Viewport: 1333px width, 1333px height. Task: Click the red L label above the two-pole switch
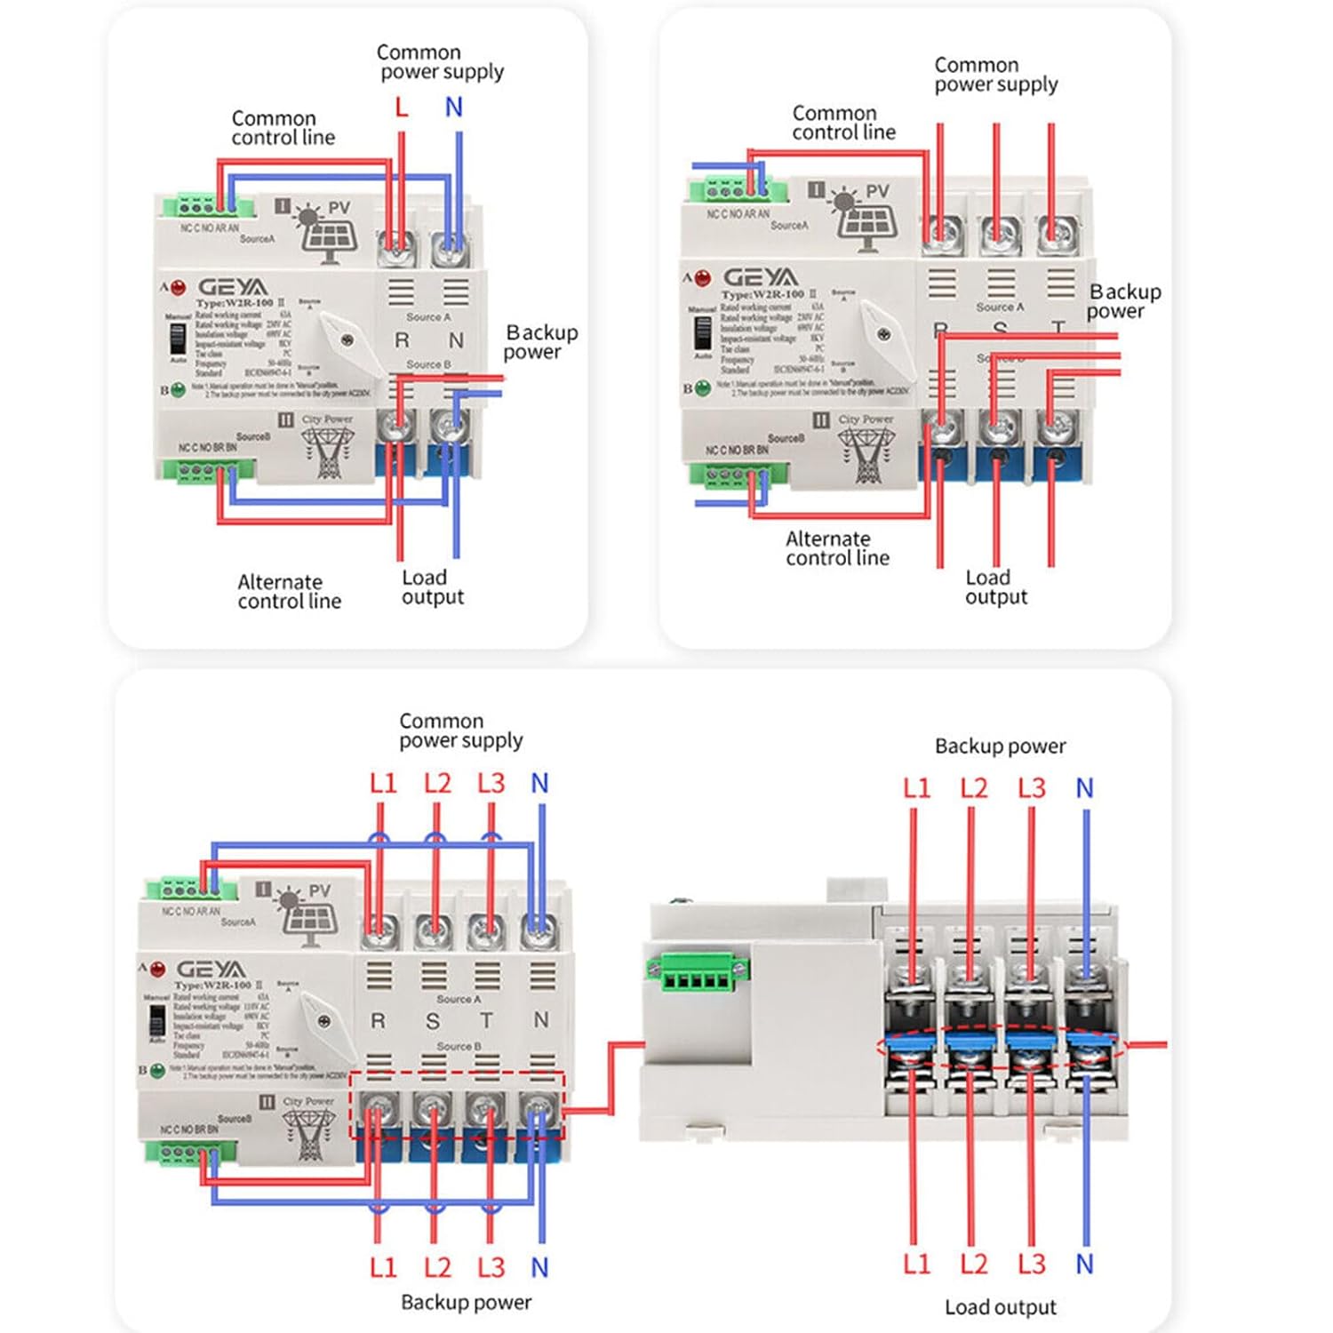click(402, 108)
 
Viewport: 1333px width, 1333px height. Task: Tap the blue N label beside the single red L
click(454, 108)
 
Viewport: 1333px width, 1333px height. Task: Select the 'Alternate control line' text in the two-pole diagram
click(289, 592)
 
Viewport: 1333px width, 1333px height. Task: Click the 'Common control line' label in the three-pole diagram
click(843, 123)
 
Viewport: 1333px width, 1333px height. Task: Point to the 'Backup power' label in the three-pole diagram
click(1123, 301)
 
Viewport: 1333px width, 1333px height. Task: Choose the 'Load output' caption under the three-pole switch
click(996, 587)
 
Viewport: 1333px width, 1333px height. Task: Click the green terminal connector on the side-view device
click(698, 975)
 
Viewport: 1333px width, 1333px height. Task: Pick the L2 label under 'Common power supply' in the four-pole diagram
click(437, 783)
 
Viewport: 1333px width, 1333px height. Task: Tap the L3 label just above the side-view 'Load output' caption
click(1032, 1264)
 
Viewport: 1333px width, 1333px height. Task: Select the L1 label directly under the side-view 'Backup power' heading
click(916, 788)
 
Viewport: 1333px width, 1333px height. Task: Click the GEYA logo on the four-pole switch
click(211, 969)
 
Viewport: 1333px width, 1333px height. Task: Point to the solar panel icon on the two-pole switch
click(327, 233)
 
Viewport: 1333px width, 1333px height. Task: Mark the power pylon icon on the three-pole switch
click(866, 452)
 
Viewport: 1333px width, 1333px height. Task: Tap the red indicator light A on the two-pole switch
click(178, 287)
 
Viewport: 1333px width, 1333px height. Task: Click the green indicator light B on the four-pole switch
click(157, 1071)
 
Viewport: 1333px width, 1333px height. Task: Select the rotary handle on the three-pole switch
click(882, 337)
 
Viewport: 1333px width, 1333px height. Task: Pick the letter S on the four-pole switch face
click(433, 1022)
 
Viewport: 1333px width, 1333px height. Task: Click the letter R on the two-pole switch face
click(402, 340)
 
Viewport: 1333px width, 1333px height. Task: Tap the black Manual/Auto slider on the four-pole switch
click(157, 1022)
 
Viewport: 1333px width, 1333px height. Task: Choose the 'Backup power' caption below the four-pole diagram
click(466, 1302)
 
